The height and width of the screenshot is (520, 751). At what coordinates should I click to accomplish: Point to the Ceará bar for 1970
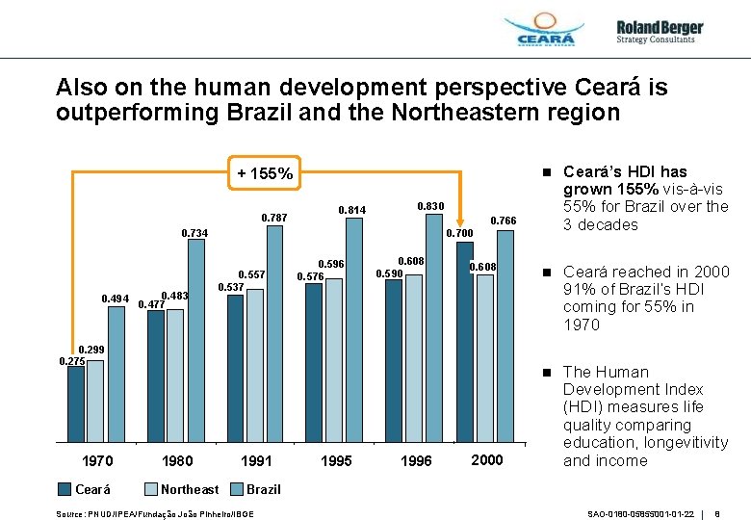click(x=75, y=403)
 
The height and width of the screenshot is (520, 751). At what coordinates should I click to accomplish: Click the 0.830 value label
click(x=430, y=206)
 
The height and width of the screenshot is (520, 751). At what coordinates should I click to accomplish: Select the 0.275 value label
click(x=72, y=361)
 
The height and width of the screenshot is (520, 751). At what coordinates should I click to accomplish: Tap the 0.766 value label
click(x=504, y=221)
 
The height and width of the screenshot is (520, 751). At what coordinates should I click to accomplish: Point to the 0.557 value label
click(x=251, y=274)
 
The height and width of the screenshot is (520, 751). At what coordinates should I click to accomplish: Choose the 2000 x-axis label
click(x=486, y=460)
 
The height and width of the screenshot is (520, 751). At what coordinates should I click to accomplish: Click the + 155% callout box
click(x=265, y=174)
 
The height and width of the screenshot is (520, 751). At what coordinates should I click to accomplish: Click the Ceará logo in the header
click(x=545, y=32)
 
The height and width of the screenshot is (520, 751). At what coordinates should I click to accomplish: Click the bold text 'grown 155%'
click(x=603, y=189)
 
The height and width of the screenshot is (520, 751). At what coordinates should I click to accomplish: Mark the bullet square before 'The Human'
click(x=545, y=372)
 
